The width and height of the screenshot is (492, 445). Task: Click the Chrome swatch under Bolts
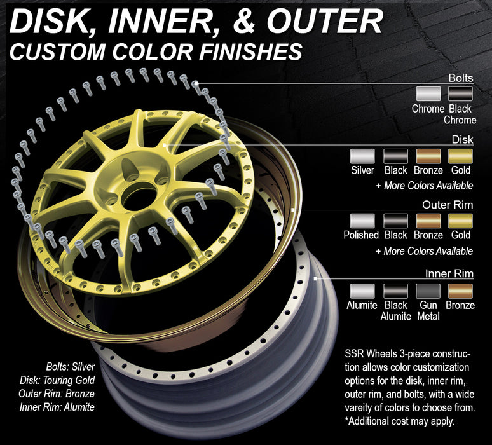click(428, 94)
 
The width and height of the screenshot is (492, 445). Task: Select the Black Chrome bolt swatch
click(461, 94)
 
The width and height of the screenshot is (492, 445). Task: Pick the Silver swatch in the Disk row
click(363, 156)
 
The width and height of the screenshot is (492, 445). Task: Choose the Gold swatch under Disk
click(461, 156)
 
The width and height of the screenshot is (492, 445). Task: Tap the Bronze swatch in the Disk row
click(428, 156)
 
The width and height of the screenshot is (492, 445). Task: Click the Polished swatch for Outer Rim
click(363, 221)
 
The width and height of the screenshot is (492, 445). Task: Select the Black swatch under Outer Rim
click(395, 221)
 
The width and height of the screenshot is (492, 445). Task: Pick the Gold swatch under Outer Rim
click(461, 221)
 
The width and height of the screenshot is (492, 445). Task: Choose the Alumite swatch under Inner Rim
click(363, 291)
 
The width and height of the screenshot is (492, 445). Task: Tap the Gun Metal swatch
click(428, 291)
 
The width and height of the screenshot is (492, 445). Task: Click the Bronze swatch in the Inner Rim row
click(461, 291)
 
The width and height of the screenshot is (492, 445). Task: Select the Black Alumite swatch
click(395, 291)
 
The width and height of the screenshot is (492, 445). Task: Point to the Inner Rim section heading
click(448, 274)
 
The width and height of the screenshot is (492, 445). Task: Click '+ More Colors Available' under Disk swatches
click(424, 186)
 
